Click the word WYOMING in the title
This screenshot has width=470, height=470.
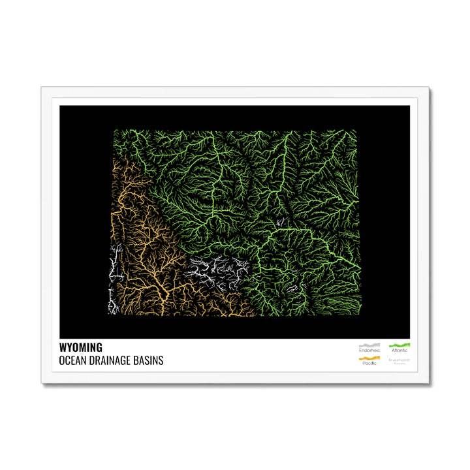tap(80, 348)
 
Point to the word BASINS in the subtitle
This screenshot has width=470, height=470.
tap(150, 360)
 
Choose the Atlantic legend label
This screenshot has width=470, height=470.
tap(399, 350)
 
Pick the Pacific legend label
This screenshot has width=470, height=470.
tap(369, 363)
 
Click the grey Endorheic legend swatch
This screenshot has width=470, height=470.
tap(369, 344)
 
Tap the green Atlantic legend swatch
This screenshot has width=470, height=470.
tap(399, 344)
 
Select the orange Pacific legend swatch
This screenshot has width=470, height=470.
tap(369, 358)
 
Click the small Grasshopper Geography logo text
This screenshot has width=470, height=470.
tap(398, 360)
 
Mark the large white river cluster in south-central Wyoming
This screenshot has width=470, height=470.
tap(218, 272)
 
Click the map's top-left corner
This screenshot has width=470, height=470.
tap(115, 129)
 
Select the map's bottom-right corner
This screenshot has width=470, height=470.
tap(360, 316)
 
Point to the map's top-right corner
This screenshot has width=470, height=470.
tap(357, 129)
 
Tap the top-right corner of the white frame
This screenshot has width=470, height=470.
tap(429, 87)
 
